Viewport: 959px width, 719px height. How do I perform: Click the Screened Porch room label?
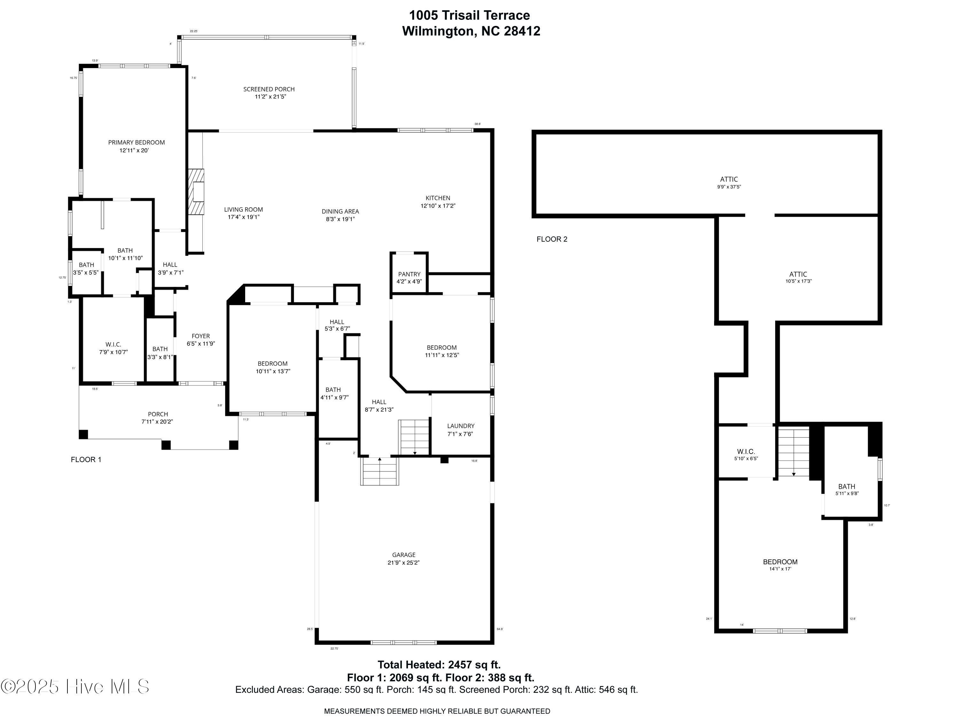pyautogui.click(x=269, y=89)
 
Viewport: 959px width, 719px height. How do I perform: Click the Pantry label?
pyautogui.click(x=409, y=274)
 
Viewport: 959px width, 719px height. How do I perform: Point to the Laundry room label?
pyautogui.click(x=460, y=426)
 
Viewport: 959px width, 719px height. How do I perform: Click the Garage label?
pyautogui.click(x=404, y=555)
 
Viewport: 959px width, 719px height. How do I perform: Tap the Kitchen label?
pyautogui.click(x=437, y=198)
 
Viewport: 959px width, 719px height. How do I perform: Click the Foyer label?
pyautogui.click(x=201, y=336)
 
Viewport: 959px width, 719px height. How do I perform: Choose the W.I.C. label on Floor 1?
pyautogui.click(x=113, y=345)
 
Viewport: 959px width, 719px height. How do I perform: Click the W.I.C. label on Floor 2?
pyautogui.click(x=746, y=451)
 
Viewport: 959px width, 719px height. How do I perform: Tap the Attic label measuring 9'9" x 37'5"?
pyautogui.click(x=729, y=179)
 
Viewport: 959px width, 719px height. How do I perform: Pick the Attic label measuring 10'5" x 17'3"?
pyautogui.click(x=798, y=274)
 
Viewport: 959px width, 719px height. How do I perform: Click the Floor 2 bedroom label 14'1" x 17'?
pyautogui.click(x=780, y=562)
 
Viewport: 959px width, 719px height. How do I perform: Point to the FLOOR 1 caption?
pyautogui.click(x=86, y=459)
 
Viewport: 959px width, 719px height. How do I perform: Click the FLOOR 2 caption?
pyautogui.click(x=552, y=239)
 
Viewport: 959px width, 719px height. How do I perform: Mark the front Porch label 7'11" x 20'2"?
pyautogui.click(x=157, y=414)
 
